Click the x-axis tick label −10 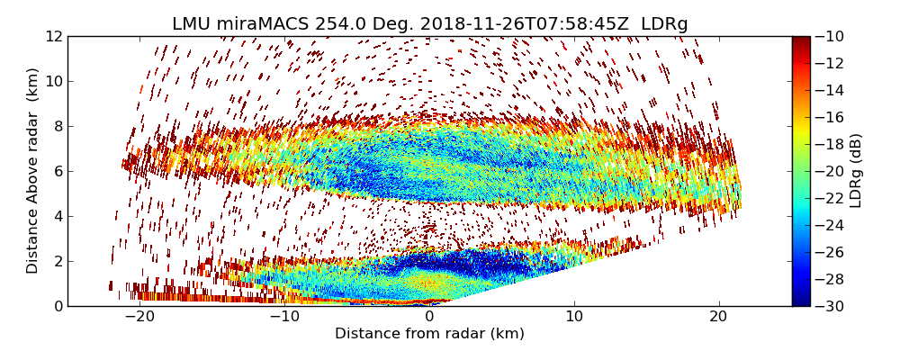(283, 317)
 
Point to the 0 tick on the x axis (429, 317)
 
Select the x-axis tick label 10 (574, 317)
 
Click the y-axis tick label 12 (52, 36)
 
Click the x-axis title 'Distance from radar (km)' (429, 334)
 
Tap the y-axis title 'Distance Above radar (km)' (32, 171)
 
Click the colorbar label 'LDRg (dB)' (856, 171)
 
